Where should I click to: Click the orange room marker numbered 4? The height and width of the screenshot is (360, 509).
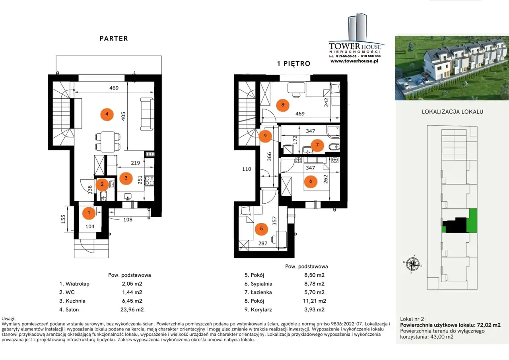107,114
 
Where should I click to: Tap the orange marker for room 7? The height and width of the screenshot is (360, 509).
317,145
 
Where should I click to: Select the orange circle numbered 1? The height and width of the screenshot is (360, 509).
89,213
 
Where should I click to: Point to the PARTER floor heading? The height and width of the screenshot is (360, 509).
114,39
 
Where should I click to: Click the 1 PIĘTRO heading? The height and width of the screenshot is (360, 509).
293,63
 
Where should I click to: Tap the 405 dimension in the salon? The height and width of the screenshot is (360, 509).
123,116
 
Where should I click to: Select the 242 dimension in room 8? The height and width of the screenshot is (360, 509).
326,102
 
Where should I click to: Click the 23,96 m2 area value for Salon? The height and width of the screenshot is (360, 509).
132,309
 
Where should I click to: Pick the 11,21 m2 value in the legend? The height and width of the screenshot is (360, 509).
315,301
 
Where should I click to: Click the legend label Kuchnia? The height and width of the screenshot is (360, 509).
76,301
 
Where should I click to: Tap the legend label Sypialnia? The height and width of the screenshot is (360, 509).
261,284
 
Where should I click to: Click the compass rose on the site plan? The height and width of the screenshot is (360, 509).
413,264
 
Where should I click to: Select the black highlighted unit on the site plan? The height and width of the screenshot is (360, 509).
456,225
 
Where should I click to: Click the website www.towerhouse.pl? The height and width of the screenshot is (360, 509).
354,61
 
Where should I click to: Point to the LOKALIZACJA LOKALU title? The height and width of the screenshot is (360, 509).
453,112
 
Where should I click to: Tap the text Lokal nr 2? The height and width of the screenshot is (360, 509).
412,319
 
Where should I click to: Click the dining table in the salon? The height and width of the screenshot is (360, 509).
108,142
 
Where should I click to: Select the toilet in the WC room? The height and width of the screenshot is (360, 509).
103,196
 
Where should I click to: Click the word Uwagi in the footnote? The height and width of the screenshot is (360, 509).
9,319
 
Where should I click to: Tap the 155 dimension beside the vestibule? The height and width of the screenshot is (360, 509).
63,219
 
